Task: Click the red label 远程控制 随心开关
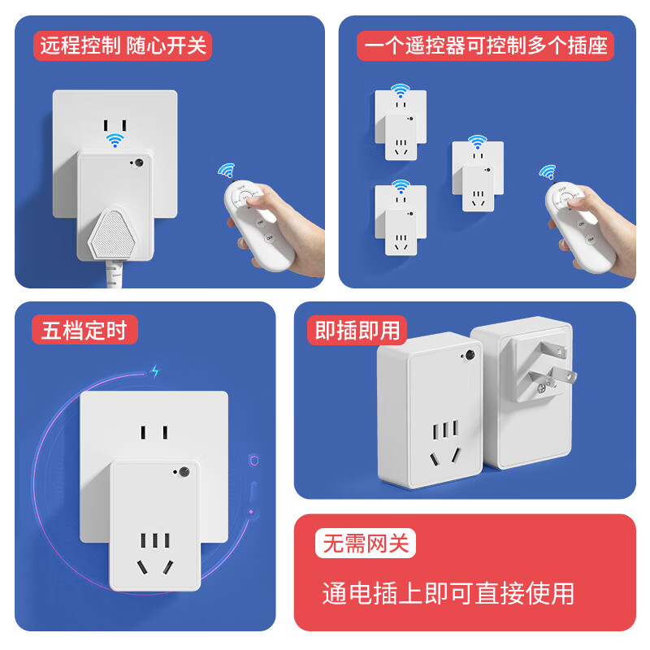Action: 122,45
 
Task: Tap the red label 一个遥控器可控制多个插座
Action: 485,45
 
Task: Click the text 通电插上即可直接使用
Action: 448,593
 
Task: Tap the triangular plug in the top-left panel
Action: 115,231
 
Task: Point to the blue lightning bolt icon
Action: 155,371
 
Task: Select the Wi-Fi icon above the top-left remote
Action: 225,171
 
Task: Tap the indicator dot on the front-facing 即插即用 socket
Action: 470,356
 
